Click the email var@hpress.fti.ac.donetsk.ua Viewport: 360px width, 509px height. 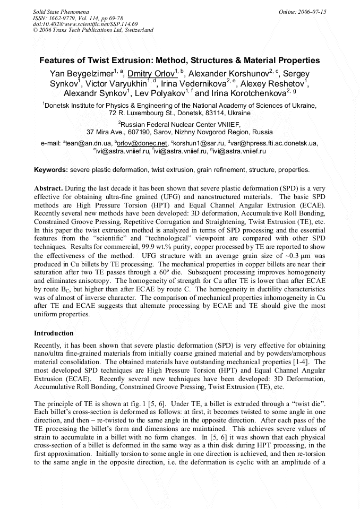274,143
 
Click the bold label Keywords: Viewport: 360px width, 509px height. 51,170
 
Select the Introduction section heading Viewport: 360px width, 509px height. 54,333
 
